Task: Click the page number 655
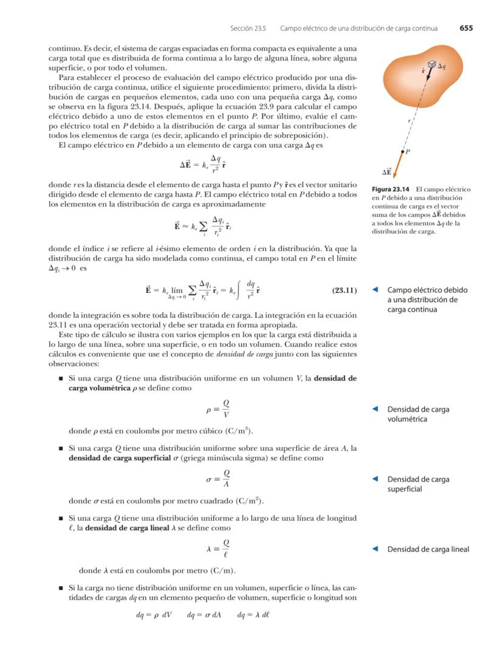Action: pos(466,28)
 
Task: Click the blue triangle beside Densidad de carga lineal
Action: pos(376,549)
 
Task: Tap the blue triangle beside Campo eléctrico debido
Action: pos(376,290)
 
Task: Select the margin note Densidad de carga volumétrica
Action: pos(418,414)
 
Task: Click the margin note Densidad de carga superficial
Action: pos(418,484)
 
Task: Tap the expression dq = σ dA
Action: pos(204,614)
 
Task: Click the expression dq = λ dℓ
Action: pos(254,614)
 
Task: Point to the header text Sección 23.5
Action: pos(248,28)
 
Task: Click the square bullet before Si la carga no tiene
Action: pos(61,588)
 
